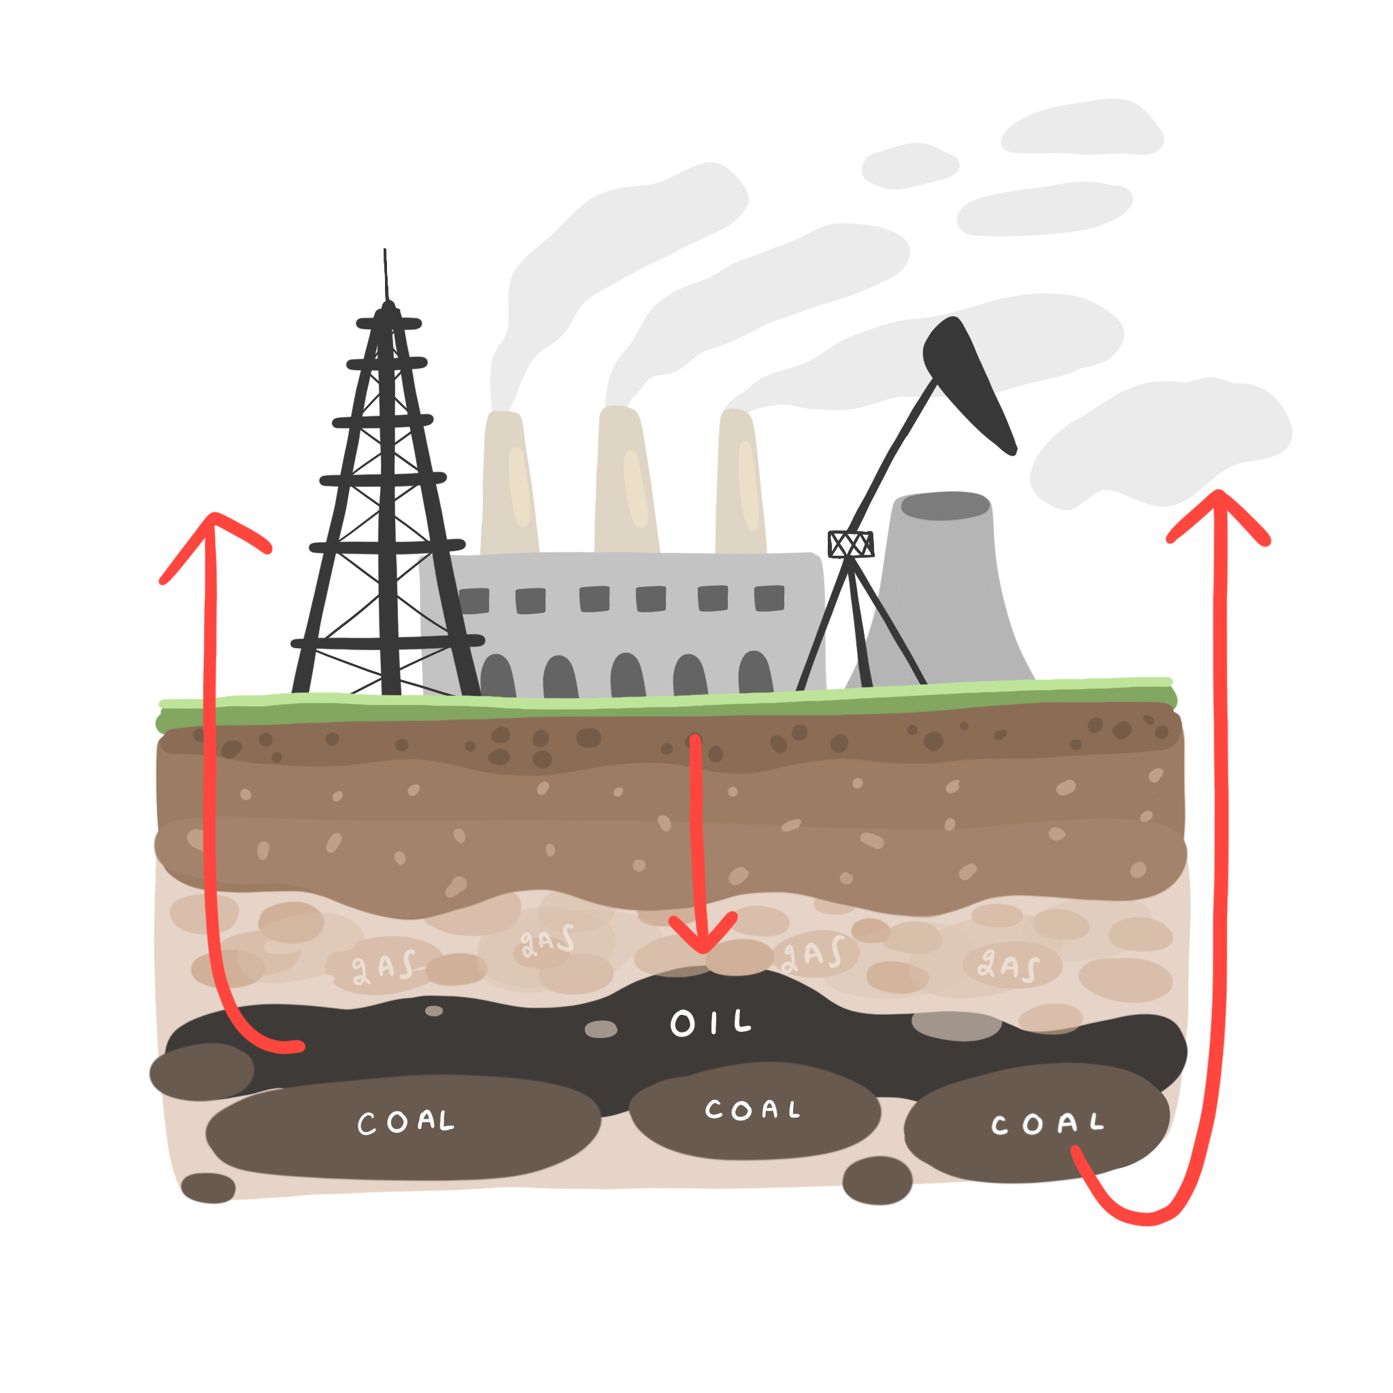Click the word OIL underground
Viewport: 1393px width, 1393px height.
(x=710, y=1022)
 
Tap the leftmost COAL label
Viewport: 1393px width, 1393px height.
(x=406, y=1121)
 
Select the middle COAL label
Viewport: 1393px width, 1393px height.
(x=752, y=1109)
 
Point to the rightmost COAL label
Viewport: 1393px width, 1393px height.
(x=1047, y=1124)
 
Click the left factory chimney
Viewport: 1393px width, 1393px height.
(x=508, y=483)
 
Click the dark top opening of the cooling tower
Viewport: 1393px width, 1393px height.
(x=945, y=506)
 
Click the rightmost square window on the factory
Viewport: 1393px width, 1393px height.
(x=769, y=598)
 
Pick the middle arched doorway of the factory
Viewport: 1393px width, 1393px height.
(x=627, y=675)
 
